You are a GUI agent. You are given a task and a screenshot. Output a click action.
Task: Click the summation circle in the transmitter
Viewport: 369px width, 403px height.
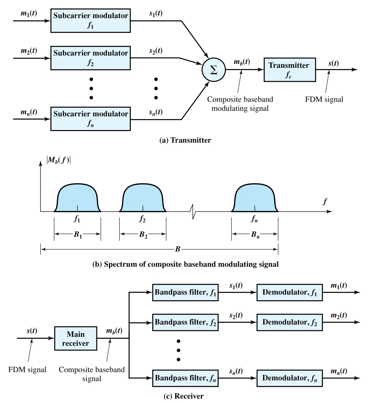213,70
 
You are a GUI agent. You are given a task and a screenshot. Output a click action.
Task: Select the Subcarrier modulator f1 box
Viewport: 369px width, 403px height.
90,21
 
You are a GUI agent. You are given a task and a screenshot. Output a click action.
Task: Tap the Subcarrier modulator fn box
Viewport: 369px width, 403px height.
90,119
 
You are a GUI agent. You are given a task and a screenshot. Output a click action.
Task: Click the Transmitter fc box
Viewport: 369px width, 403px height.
290,70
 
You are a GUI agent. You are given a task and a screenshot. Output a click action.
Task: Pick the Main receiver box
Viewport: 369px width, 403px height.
75,338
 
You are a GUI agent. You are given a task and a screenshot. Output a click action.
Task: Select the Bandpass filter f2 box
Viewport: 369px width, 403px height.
185,322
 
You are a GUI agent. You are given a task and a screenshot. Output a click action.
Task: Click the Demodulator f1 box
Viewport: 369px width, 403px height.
290,292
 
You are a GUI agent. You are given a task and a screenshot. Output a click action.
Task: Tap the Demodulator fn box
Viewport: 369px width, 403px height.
290,378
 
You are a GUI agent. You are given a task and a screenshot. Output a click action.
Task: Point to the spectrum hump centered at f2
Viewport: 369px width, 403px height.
143,198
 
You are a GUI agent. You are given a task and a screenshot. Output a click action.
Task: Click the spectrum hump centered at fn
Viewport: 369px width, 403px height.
255,198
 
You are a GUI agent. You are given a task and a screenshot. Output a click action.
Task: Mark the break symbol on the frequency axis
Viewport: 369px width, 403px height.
193,212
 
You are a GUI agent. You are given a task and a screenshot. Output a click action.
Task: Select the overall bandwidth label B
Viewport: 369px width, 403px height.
178,249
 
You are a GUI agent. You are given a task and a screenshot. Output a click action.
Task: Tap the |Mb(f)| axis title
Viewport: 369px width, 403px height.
59,160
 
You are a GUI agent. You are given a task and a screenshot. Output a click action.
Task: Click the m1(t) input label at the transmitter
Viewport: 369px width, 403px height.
29,13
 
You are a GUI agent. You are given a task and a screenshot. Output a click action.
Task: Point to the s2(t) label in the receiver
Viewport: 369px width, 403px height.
236,315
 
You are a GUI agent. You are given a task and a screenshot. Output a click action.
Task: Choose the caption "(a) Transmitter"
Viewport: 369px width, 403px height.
185,140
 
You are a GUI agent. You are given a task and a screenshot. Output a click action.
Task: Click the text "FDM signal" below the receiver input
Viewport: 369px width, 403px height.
27,370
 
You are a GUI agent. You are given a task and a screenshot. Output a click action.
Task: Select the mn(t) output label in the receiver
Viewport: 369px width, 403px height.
339,371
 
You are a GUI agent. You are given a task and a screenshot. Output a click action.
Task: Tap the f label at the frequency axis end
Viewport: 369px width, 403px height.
325,201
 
